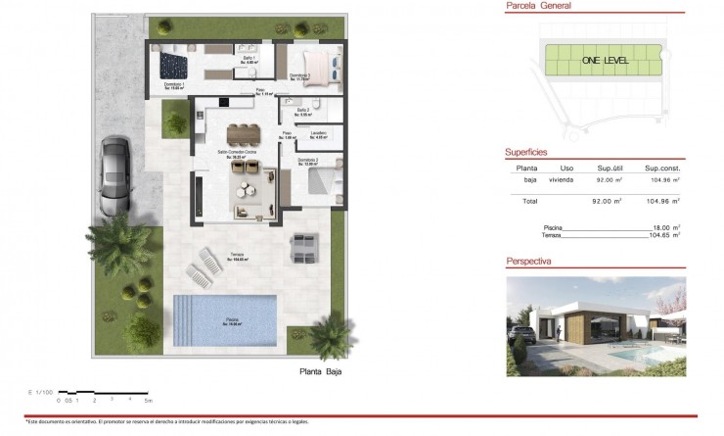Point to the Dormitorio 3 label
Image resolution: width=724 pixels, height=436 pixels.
tap(300, 76)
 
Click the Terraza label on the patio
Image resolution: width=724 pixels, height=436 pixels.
tap(237, 257)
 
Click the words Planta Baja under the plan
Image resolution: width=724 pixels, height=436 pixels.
tap(321, 372)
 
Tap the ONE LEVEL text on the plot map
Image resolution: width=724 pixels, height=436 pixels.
tap(605, 61)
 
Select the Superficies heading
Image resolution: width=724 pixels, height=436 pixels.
tap(526, 153)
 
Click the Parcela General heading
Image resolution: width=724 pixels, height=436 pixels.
tap(538, 6)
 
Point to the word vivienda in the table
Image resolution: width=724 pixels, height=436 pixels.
tap(561, 180)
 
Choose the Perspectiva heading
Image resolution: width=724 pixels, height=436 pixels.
tap(529, 263)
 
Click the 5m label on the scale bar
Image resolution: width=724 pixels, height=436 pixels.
tap(148, 400)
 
